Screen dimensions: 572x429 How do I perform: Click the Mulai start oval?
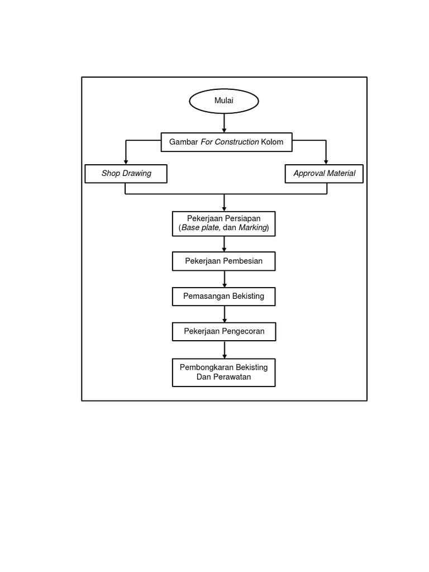224,101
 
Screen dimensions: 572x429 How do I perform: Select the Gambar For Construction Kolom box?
226,142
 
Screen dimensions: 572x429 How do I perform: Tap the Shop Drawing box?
126,173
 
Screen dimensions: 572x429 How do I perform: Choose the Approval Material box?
324,173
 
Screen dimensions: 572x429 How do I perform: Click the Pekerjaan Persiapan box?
223,223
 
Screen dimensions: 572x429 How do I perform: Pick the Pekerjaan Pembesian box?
223,261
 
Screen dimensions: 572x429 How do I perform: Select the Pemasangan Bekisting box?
223,296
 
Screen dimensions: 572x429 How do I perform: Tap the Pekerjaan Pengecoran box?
223,331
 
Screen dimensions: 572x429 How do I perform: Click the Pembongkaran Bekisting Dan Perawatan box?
223,372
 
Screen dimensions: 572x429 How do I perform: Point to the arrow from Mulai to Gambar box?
224,123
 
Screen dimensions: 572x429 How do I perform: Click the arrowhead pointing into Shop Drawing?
126,161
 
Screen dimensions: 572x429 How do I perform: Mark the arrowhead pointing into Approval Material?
326,161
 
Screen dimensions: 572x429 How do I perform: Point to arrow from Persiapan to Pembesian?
224,244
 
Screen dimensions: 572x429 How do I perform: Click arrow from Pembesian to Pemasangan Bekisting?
224,279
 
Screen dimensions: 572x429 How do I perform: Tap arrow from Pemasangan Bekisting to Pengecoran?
224,314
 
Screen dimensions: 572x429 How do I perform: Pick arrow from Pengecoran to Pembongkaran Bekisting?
224,350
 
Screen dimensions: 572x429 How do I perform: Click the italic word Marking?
253,228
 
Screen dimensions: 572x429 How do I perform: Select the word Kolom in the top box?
272,142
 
